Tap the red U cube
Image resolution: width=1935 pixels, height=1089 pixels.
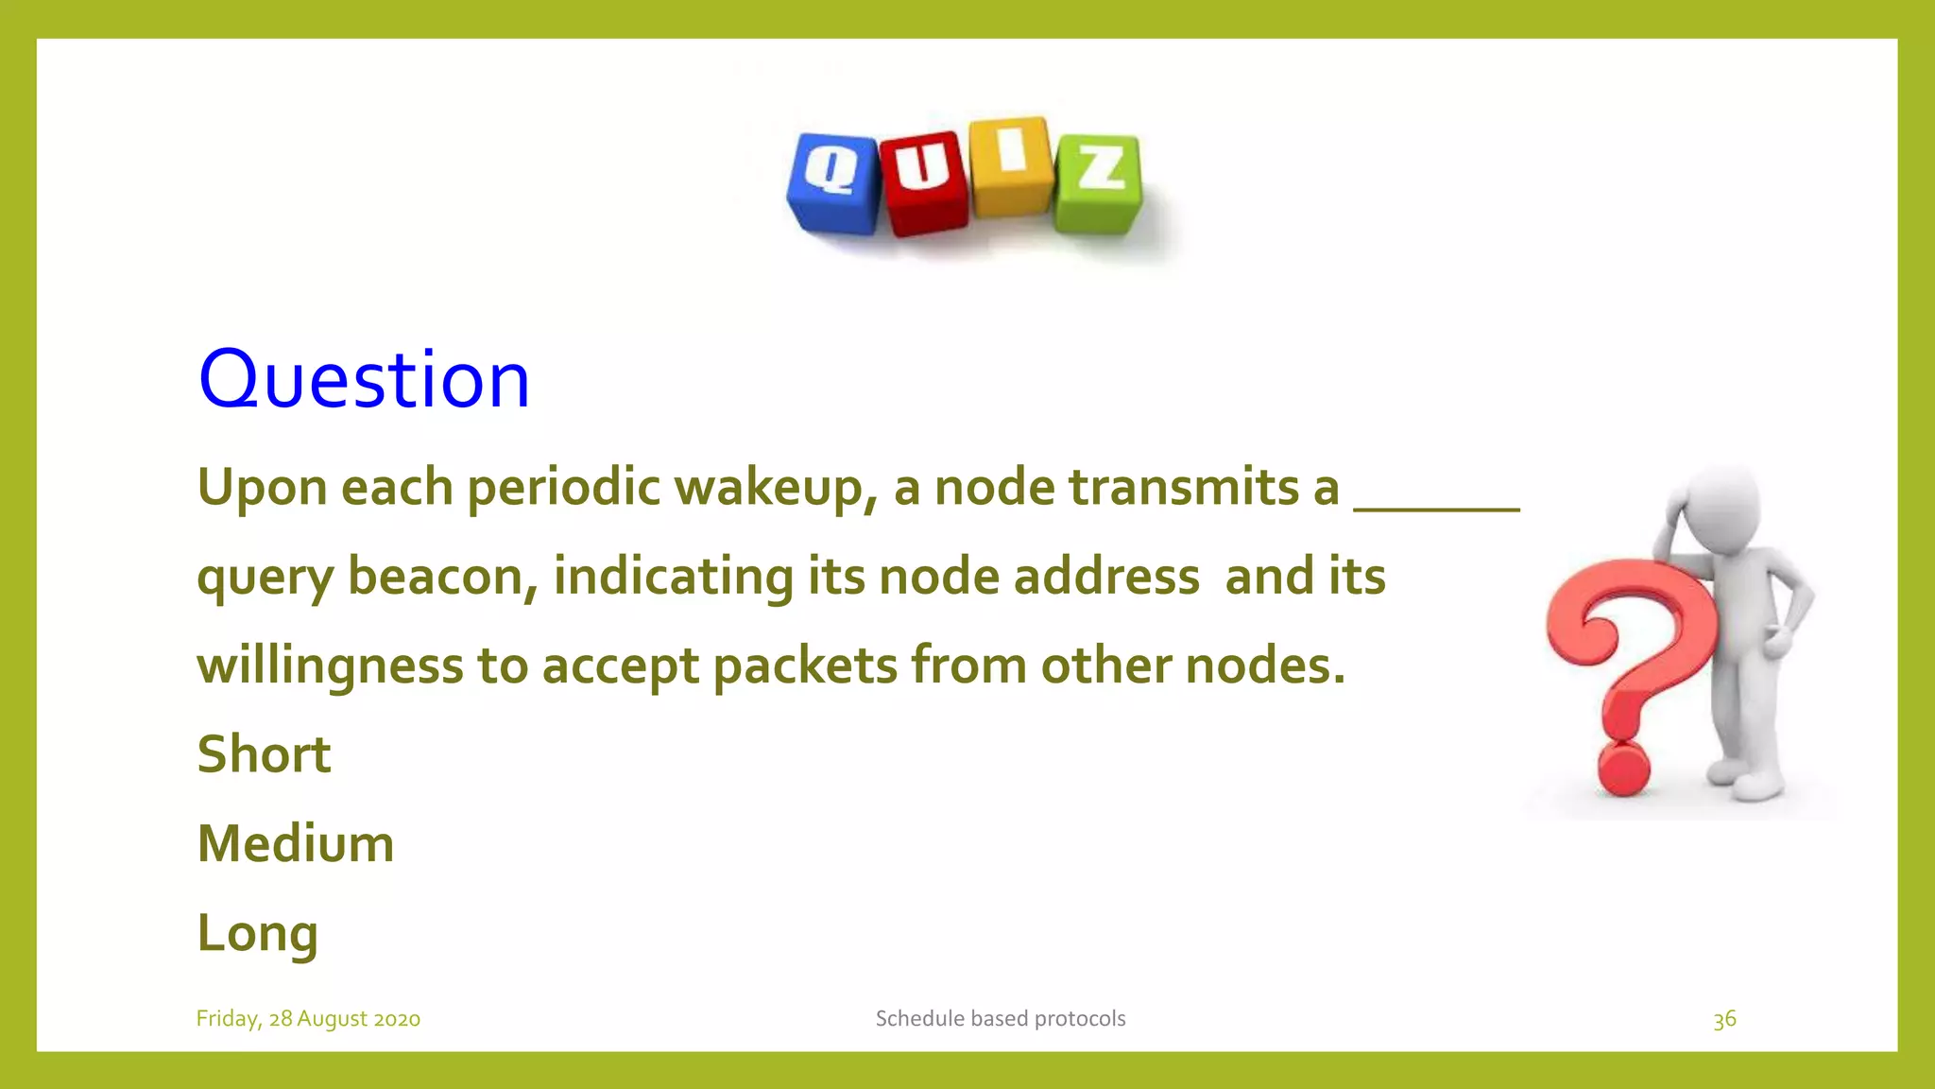pos(924,181)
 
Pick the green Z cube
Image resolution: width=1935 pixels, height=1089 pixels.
pos(1099,181)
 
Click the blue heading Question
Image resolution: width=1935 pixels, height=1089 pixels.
pos(364,379)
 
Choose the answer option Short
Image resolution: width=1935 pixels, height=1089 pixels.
pos(264,754)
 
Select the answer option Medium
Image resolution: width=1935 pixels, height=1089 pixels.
pos(295,843)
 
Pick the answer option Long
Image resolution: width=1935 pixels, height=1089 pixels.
pos(257,933)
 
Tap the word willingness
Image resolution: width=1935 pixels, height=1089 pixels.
pos(330,665)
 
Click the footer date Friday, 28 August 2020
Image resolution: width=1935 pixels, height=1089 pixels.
pos(308,1018)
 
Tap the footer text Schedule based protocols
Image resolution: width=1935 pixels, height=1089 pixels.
pos(1000,1018)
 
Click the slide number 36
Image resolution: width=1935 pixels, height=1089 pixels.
pos(1724,1019)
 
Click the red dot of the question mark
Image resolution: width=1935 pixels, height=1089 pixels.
pos(1623,770)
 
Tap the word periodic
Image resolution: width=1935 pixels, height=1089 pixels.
pos(564,489)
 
